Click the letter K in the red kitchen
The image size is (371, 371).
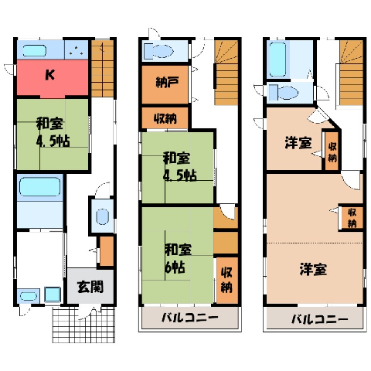pos(50,75)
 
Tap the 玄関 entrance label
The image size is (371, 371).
pos(90,287)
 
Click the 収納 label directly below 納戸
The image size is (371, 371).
pos(165,118)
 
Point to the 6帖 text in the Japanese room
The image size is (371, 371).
pos(175,267)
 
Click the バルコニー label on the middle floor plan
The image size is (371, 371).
pos(190,318)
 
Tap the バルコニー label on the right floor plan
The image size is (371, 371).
pos(320,320)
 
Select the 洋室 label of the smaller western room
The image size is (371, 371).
pos(298,143)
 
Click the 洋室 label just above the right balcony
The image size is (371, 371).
pos(313,270)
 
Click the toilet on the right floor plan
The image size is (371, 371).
pos(283,92)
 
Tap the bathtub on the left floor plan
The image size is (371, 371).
pos(39,186)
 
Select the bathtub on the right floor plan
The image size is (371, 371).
pos(277,60)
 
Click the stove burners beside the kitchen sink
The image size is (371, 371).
pos(77,50)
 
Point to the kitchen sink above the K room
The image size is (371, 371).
pos(34,51)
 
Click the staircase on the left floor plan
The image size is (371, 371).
pos(102,69)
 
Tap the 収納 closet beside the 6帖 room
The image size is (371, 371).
pos(226,281)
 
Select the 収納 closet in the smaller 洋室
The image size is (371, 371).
pos(332,151)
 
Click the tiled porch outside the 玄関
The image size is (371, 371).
pos(83,325)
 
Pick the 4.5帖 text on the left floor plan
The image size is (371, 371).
pos(53,141)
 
